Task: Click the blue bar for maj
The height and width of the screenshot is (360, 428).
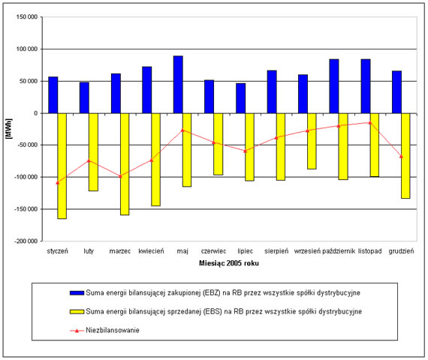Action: coord(178,85)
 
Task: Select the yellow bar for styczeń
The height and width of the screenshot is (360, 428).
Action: coord(62,166)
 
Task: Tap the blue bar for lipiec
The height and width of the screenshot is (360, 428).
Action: coord(241,98)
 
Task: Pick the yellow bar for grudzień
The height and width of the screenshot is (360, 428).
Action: coord(405,156)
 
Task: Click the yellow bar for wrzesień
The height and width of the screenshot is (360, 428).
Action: coord(312,141)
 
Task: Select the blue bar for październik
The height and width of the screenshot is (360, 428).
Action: coord(334,86)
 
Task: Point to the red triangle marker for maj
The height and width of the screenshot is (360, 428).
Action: coord(182,130)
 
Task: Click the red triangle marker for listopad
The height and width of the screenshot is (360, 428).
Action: coord(370,123)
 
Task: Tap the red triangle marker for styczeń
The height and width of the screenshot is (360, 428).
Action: coord(58,182)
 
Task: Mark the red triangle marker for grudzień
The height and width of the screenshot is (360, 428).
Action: coord(401,156)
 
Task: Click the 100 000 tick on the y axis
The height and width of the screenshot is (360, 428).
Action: coord(27,49)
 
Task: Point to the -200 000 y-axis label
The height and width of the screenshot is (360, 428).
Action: coord(26,241)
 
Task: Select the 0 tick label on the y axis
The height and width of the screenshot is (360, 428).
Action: coord(35,113)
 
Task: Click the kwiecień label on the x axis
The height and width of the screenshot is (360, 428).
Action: coord(151,251)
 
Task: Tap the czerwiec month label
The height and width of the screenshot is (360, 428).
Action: coord(214,251)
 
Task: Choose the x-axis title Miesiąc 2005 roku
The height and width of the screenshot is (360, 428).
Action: coord(229,263)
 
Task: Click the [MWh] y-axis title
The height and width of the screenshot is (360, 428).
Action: coord(9,129)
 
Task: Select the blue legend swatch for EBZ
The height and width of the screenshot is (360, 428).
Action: coord(77,293)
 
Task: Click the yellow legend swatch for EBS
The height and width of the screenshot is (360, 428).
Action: coord(77,311)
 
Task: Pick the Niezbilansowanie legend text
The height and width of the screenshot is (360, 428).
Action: coord(113,330)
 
